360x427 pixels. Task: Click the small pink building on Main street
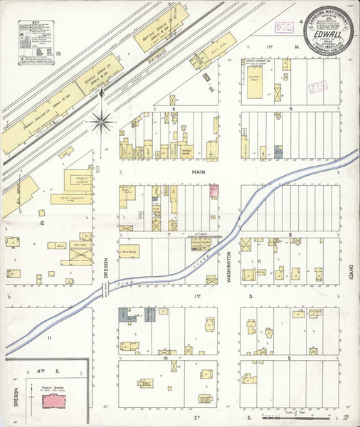click(x=213, y=190)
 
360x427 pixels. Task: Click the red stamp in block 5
click(x=315, y=88)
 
